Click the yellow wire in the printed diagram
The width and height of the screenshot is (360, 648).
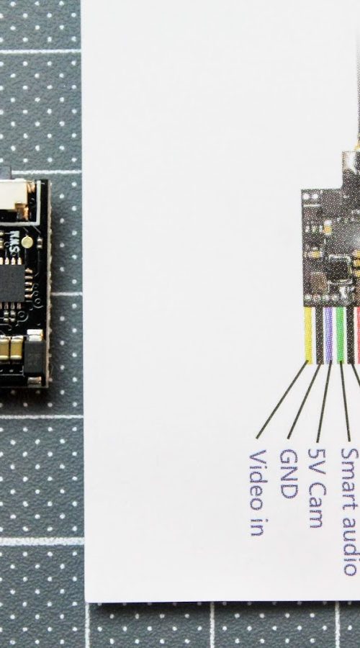[308, 335]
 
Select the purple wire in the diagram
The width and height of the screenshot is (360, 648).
[328, 335]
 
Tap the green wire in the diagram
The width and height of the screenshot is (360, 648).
[340, 335]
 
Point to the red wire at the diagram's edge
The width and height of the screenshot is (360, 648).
[358, 335]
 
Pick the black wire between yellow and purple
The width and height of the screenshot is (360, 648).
[319, 335]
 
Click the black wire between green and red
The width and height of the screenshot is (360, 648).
[350, 335]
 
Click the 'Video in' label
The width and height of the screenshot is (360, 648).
[256, 493]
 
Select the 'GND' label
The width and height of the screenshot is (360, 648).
[289, 474]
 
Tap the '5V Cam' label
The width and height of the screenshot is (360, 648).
[318, 487]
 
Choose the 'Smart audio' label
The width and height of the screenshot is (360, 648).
[349, 512]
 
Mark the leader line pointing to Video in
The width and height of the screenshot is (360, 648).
[282, 399]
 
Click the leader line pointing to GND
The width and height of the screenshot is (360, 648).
[304, 401]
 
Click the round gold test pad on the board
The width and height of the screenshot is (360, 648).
[27, 242]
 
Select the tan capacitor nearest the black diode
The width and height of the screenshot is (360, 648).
[17, 348]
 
